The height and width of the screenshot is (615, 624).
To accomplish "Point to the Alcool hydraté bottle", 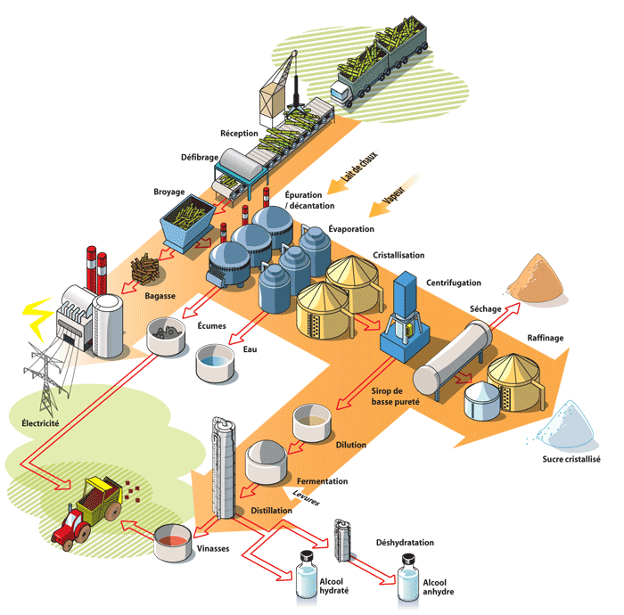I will (x=307, y=577).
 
